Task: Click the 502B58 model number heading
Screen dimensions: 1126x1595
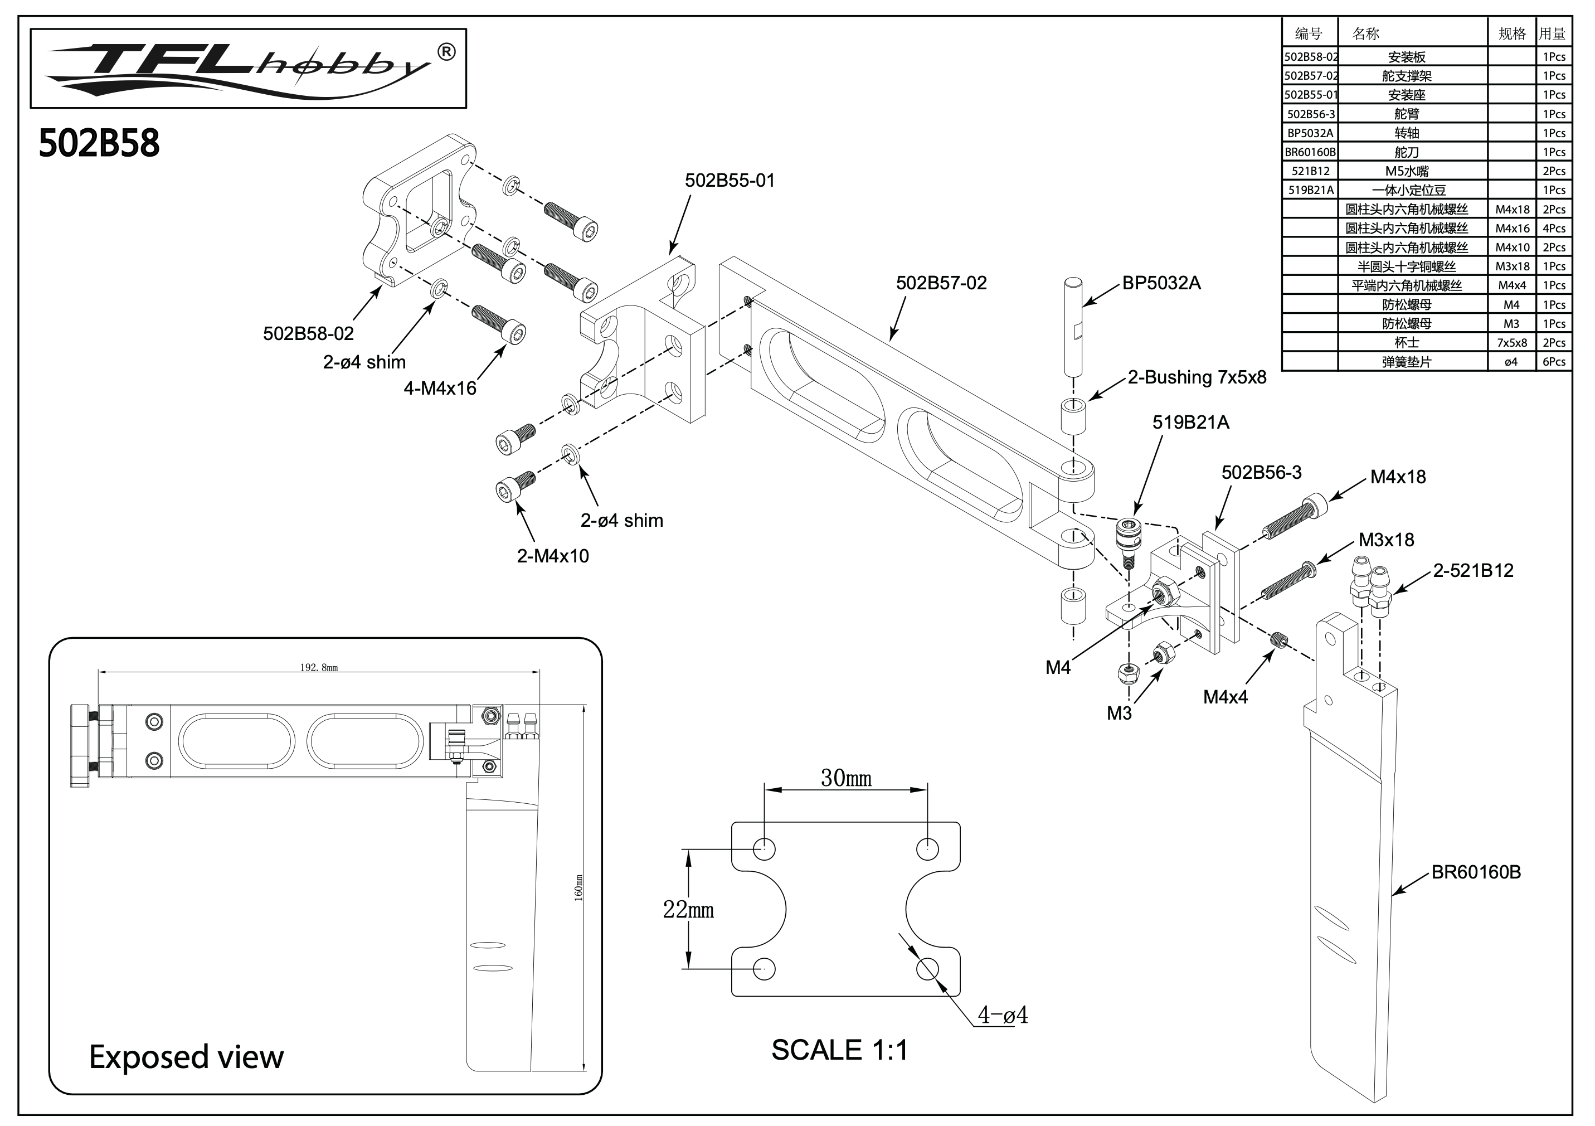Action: point(99,143)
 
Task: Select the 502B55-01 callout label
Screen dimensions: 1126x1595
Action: point(730,181)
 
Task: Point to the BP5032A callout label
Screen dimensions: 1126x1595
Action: point(1161,283)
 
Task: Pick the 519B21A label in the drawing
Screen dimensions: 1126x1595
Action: point(1191,423)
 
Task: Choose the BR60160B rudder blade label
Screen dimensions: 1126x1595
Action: point(1476,872)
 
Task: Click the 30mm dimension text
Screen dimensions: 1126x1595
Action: point(846,778)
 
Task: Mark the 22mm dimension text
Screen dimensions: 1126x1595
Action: point(688,909)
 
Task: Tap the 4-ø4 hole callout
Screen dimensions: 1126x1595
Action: point(1003,1015)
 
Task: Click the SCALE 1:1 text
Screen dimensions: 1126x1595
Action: point(839,1050)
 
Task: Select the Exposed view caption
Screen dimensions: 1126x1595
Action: point(186,1056)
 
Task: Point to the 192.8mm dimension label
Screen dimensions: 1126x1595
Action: point(319,668)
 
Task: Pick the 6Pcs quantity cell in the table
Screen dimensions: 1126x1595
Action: point(1554,362)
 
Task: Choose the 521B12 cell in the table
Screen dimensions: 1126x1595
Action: point(1310,171)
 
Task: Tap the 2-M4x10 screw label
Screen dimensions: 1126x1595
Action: point(552,556)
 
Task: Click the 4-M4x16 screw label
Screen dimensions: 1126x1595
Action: point(440,389)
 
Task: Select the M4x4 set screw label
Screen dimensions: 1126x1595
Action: point(1225,697)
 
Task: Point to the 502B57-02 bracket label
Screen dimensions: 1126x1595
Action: point(941,283)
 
